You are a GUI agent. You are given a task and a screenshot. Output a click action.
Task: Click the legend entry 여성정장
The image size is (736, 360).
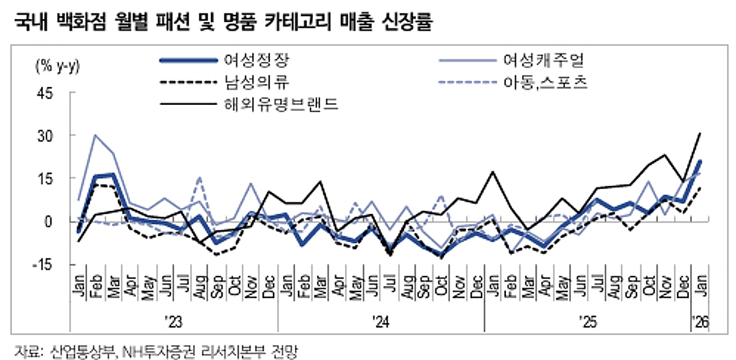pyautogui.click(x=256, y=61)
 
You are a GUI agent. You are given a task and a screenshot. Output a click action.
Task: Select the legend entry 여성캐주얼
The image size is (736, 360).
pyautogui.click(x=542, y=61)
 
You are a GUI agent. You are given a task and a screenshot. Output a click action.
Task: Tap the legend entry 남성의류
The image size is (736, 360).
pyautogui.click(x=256, y=82)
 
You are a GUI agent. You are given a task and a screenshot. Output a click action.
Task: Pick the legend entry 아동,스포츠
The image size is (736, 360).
pyautogui.click(x=542, y=82)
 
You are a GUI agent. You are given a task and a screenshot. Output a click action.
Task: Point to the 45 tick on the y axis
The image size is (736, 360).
pyautogui.click(x=48, y=93)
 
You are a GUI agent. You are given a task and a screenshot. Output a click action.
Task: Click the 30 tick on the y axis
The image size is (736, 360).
pyautogui.click(x=48, y=136)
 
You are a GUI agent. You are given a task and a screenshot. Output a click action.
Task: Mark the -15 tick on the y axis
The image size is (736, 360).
pyautogui.click(x=45, y=264)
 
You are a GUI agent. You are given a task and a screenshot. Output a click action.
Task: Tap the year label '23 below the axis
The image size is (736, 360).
pyautogui.click(x=174, y=321)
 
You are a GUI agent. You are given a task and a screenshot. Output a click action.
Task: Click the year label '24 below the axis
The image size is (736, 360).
pyautogui.click(x=381, y=321)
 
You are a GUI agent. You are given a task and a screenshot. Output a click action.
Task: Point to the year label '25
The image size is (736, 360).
pyautogui.click(x=588, y=321)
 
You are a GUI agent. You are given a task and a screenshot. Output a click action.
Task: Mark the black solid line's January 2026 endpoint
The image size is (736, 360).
pyautogui.click(x=700, y=133)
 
